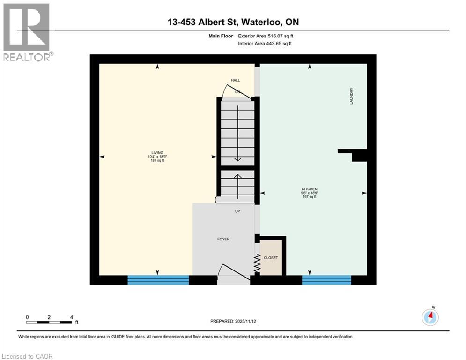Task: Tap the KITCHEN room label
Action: point(310,189)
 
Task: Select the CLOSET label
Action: point(271,258)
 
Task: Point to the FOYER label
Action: point(223,239)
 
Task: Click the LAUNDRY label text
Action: point(351,96)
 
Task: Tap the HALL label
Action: point(235,80)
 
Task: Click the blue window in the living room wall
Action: point(158,280)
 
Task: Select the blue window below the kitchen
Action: point(326,280)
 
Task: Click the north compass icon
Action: point(430,317)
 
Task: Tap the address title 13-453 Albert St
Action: point(233,22)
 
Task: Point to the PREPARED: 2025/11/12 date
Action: point(232,321)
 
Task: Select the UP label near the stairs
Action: point(237,211)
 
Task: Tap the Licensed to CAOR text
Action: point(28,356)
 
